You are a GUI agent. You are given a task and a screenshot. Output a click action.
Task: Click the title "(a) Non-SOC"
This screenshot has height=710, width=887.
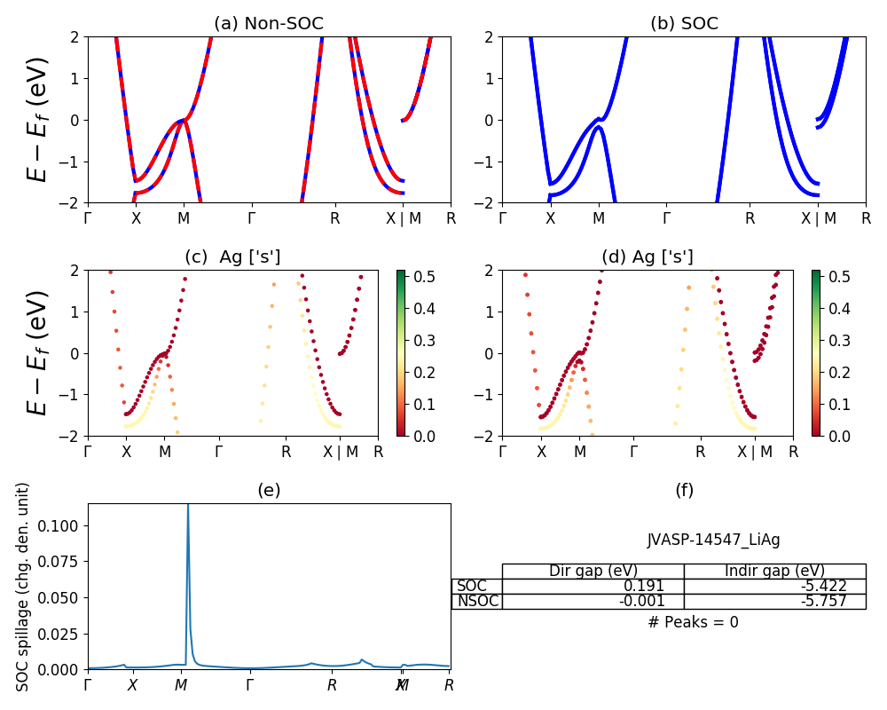tap(269, 23)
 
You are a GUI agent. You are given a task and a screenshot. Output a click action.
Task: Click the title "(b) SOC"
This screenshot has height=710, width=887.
tap(684, 23)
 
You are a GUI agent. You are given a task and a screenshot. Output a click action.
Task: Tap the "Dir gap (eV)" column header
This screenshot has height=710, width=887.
tap(593, 571)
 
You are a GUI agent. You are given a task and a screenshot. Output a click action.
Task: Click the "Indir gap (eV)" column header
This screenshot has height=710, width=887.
tap(774, 571)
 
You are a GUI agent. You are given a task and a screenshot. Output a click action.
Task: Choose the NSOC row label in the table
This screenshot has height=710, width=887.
tap(477, 601)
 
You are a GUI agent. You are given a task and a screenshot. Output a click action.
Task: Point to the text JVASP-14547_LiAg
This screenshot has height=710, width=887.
tap(714, 540)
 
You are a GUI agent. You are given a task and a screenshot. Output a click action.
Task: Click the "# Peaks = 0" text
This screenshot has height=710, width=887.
tap(693, 622)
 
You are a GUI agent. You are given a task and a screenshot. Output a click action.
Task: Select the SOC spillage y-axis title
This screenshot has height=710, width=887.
tap(24, 587)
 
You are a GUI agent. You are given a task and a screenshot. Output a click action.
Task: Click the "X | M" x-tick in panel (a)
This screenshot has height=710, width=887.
tap(404, 218)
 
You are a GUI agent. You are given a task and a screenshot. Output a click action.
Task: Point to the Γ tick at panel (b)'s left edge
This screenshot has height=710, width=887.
tap(503, 218)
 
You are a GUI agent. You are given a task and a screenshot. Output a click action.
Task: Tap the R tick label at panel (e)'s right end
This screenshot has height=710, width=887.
tap(449, 685)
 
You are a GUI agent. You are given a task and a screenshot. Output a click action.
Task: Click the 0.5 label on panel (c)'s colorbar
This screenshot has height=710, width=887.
tap(424, 277)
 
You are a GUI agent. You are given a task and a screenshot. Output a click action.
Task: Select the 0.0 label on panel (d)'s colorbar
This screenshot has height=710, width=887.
tap(838, 436)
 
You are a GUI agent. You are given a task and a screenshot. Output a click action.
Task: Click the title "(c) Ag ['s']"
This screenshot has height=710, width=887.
tap(232, 257)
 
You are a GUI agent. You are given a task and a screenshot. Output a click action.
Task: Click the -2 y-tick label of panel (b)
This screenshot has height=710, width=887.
tap(483, 202)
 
